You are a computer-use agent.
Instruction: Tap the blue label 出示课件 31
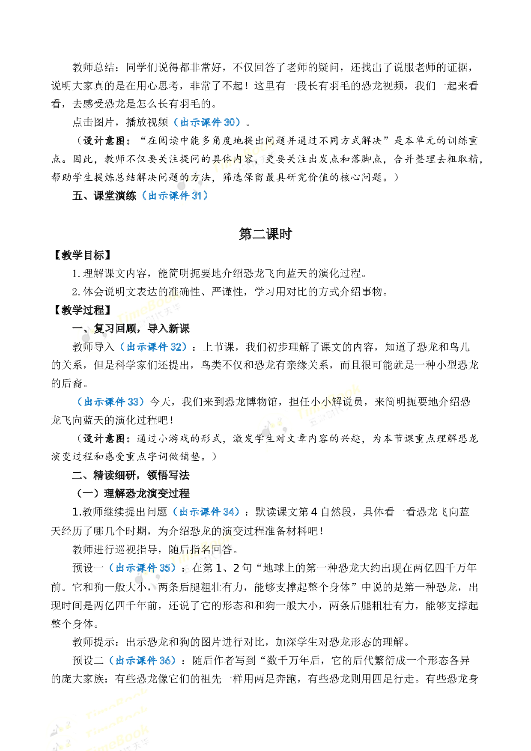(x=175, y=196)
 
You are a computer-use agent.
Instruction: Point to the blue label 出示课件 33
(x=111, y=402)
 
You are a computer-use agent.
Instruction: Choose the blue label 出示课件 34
(x=206, y=512)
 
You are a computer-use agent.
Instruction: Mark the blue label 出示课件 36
(x=143, y=660)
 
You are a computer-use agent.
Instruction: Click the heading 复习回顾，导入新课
(x=142, y=328)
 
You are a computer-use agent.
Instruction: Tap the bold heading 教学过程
(x=84, y=310)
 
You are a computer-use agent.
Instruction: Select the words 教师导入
(x=93, y=347)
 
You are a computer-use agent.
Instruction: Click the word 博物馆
(x=262, y=402)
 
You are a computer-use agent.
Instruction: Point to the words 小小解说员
(x=337, y=402)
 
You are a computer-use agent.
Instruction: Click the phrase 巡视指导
(x=136, y=549)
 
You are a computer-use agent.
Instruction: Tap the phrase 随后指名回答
(x=200, y=549)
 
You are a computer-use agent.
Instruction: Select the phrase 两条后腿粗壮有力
(x=200, y=587)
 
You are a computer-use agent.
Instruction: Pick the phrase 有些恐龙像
(x=141, y=679)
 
